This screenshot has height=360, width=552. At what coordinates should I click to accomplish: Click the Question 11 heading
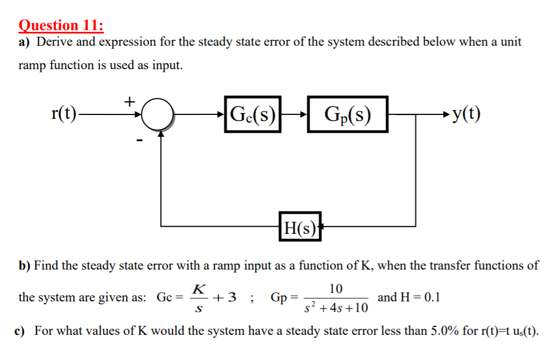(x=61, y=25)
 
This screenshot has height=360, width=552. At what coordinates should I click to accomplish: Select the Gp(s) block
(x=347, y=116)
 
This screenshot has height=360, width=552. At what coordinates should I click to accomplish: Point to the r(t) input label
(x=64, y=114)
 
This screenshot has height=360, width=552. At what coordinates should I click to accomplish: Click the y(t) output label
(x=467, y=114)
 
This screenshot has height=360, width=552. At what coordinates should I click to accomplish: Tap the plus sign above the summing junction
(x=129, y=101)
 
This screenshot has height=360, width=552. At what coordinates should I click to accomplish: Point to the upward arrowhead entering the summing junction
(x=161, y=136)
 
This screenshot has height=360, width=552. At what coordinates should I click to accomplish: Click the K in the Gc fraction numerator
(x=198, y=289)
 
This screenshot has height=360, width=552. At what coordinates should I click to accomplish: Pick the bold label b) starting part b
(x=25, y=265)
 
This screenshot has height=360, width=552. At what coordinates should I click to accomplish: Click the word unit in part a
(x=510, y=42)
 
